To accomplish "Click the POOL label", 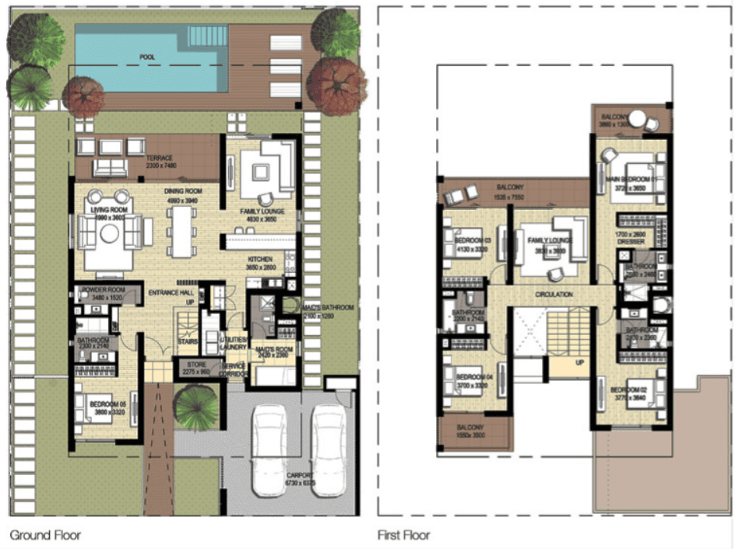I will coord(147,58).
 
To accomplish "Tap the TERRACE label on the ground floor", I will coord(159,159).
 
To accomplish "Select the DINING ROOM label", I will coord(183,191).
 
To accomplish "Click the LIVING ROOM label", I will coord(109,212).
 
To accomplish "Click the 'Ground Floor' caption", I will coord(44,536).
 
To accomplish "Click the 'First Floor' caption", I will coord(403,536).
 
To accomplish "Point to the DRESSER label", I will coord(631,242).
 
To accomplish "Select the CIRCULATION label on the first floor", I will coord(554,295).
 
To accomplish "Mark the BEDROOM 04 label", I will coord(473,376).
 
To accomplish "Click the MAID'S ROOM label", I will coord(273,349).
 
